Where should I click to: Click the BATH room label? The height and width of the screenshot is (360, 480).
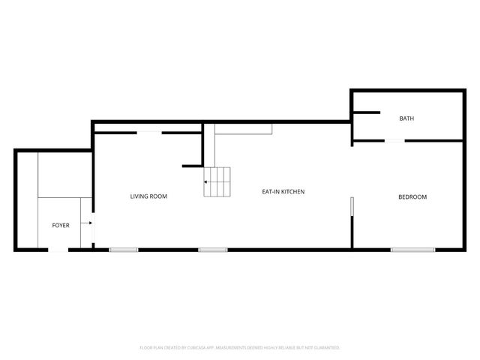406,118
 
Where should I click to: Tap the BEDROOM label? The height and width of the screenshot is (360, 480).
412,197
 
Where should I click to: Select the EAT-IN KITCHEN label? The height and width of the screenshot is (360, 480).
283,192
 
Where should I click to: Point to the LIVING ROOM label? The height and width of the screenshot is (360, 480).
148,196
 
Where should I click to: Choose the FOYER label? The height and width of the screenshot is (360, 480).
60,225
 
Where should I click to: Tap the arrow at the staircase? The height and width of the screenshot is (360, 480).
207,181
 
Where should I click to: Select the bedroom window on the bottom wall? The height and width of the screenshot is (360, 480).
412,249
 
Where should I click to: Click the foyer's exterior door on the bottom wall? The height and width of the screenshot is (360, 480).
58,249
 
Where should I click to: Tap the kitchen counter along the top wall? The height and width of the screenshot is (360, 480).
244,129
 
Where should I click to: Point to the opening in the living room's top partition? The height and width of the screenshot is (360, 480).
148,133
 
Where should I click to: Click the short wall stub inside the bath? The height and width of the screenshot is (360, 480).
366,113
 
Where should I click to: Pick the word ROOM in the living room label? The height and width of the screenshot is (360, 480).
158,196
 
